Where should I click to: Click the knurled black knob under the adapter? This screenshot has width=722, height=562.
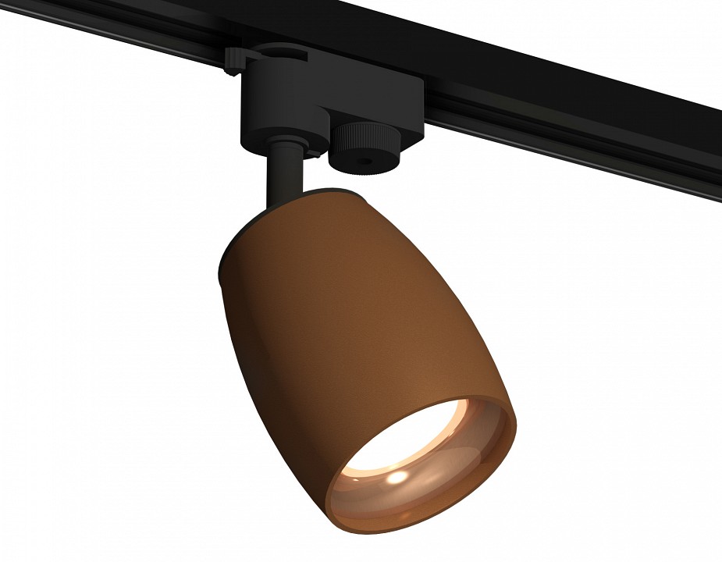click(x=364, y=148)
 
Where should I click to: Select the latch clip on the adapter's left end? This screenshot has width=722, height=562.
click(x=235, y=61)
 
